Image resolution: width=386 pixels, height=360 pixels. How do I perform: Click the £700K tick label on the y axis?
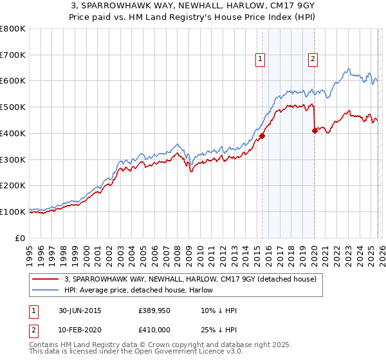pos(13,55)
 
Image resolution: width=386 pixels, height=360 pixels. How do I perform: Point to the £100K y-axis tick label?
pos(13,212)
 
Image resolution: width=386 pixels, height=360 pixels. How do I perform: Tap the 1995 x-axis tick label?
pos(30,250)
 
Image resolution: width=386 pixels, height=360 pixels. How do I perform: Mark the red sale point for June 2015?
pos(262,136)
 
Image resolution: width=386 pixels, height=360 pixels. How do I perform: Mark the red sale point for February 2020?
pos(315,130)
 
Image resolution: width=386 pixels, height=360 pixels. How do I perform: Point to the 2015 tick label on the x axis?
pos(257,250)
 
